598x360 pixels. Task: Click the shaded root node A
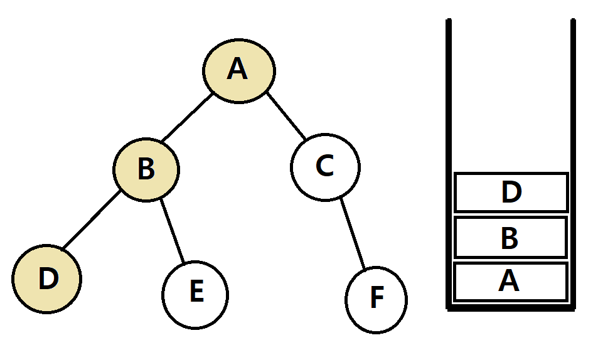238,70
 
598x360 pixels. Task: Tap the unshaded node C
325,167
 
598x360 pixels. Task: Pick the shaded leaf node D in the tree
47,278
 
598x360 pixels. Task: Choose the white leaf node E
195,294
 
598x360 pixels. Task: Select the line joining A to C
286,117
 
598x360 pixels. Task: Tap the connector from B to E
173,230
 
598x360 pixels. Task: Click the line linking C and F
353,233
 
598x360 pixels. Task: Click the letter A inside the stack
510,282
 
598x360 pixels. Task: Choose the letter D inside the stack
511,193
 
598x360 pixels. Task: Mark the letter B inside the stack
510,238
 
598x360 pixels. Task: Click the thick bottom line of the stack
511,307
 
